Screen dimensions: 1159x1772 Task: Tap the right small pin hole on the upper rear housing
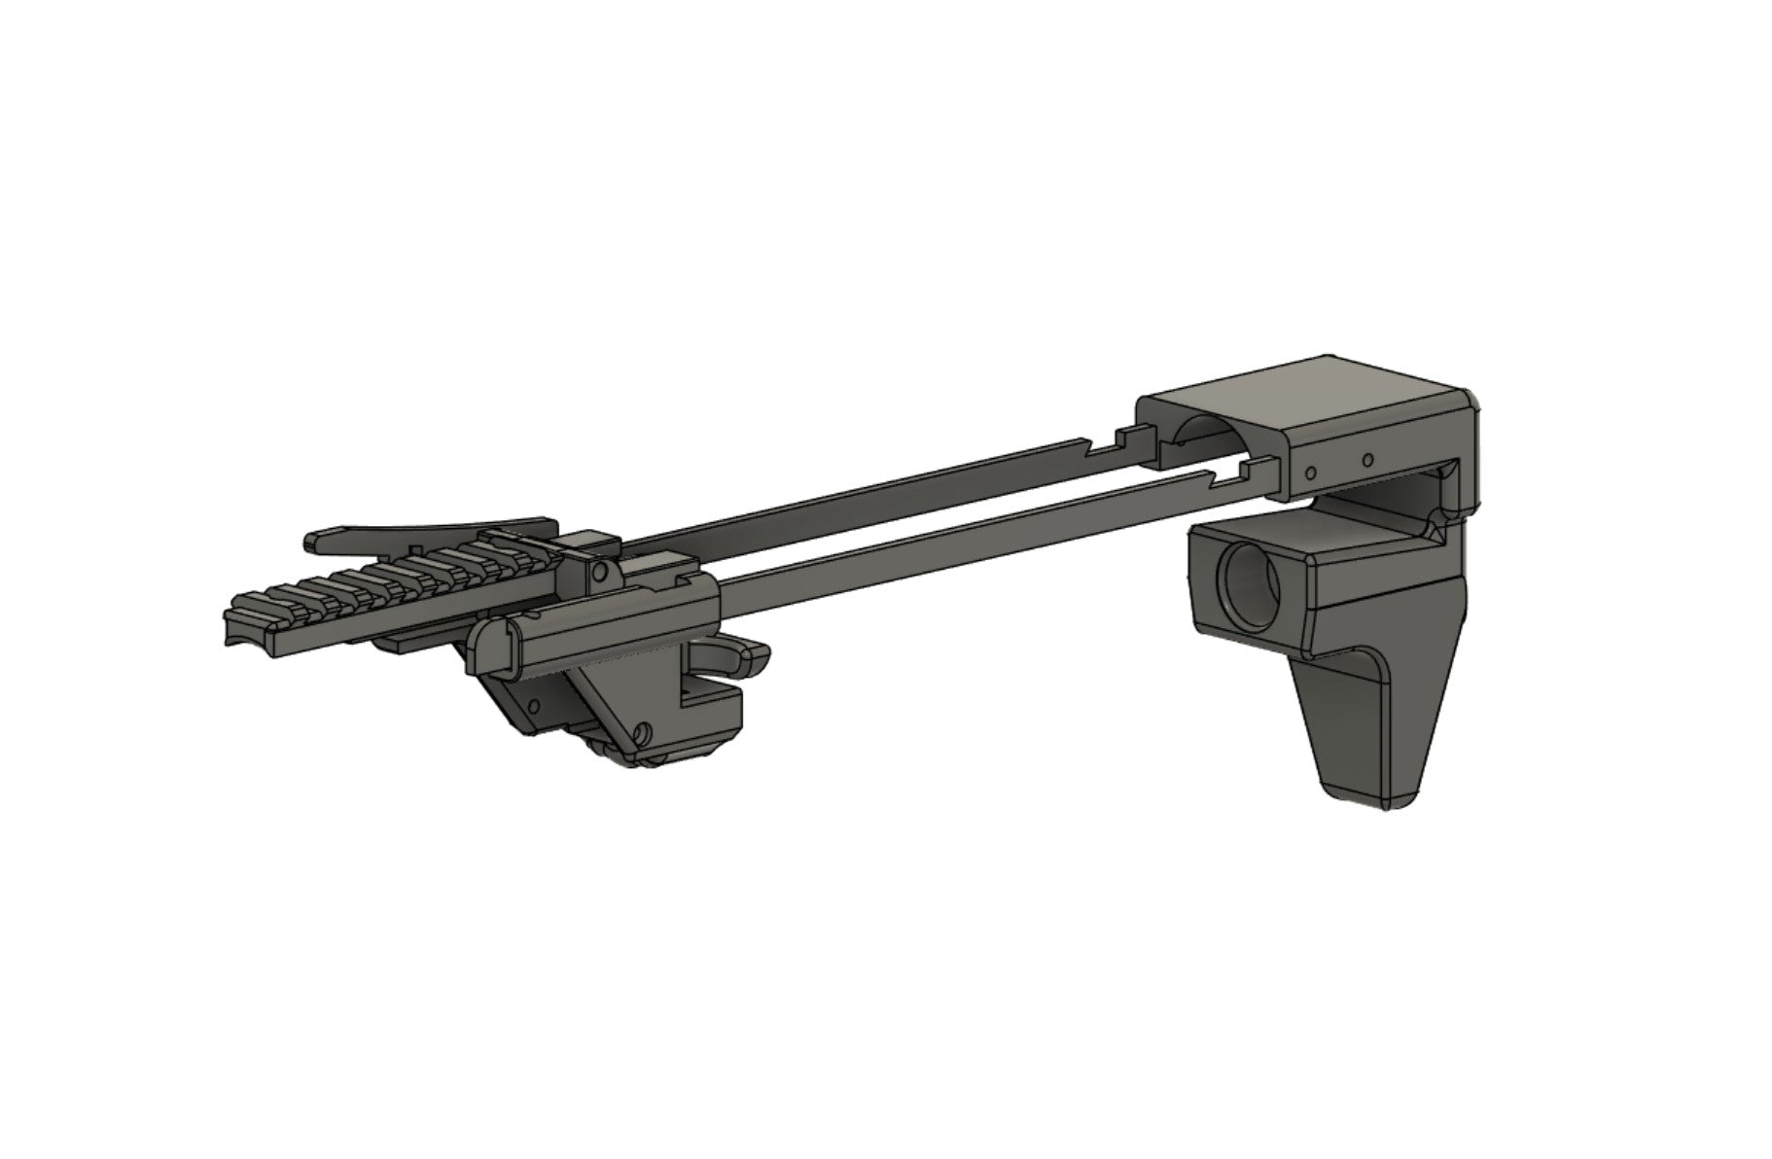pos(1366,458)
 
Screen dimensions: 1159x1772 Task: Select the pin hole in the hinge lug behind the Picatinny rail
pos(601,574)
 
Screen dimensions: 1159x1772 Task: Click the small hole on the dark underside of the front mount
pos(533,701)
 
